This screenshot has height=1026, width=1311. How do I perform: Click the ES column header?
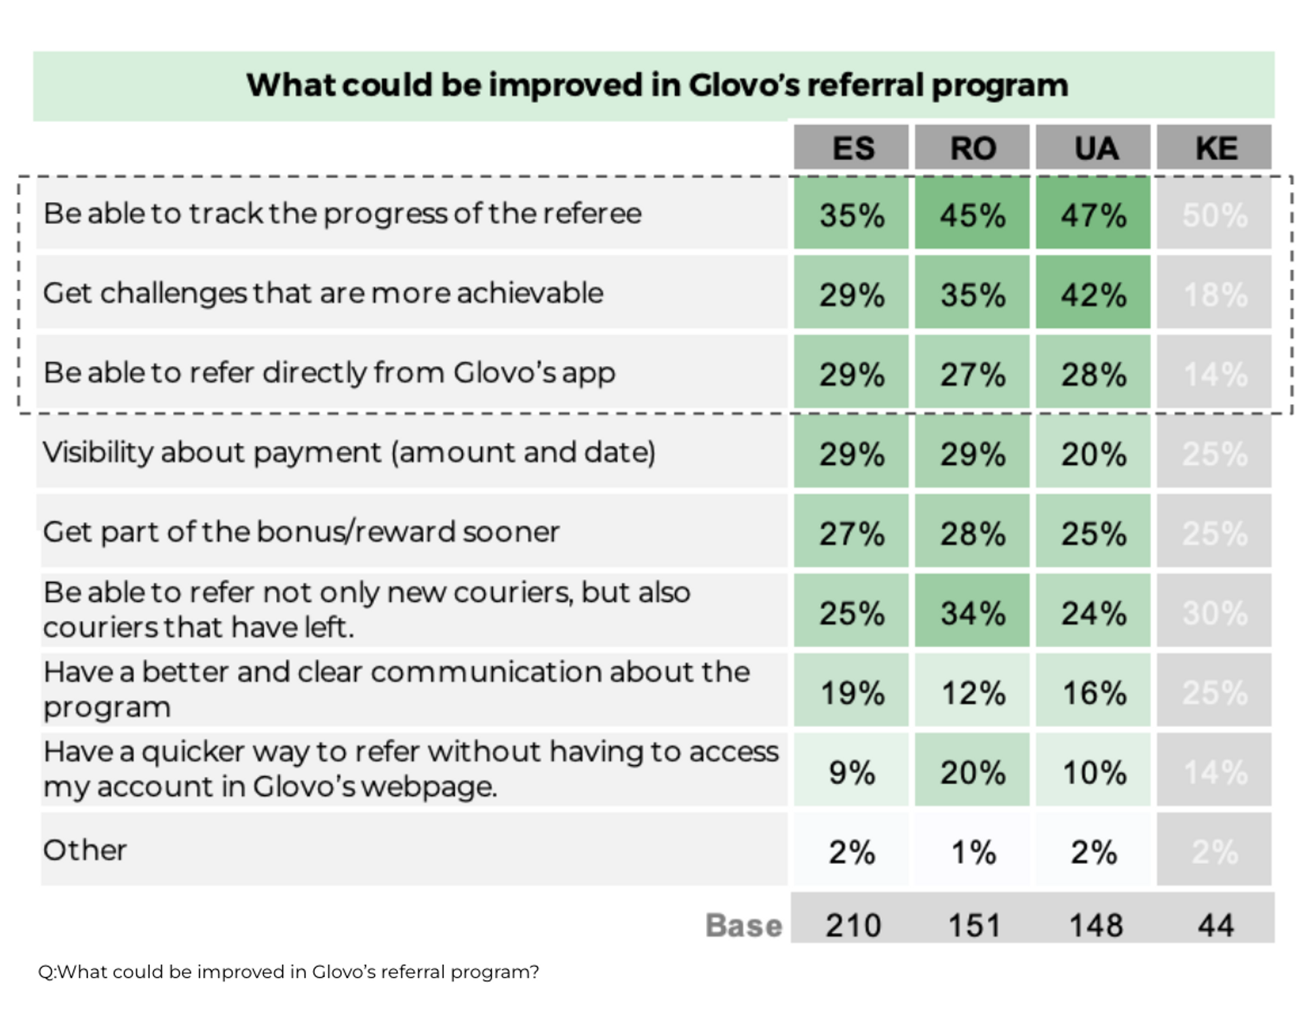[852, 148]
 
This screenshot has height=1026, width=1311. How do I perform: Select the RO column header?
[973, 148]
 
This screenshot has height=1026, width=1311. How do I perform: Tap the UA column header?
[1094, 148]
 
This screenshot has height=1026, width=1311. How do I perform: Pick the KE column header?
[1215, 148]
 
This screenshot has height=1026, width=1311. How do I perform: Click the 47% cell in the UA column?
[1093, 215]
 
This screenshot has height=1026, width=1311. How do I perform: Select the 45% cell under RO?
[973, 215]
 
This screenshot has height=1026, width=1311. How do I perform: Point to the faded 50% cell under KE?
[1215, 215]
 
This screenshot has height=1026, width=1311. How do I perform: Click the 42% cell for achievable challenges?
[1093, 294]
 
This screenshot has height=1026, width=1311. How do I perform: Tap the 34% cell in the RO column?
[973, 613]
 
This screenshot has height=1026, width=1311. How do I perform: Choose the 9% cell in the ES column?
[851, 772]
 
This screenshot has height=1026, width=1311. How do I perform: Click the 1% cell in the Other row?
[973, 852]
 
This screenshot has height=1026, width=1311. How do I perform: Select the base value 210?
[853, 925]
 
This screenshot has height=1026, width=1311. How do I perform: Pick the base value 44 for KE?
[1215, 925]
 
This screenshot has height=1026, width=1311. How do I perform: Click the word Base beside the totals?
[743, 925]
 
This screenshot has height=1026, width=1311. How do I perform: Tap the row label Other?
[85, 850]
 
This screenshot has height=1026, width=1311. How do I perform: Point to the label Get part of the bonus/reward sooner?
[301, 532]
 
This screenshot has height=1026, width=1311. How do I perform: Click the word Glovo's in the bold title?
[744, 85]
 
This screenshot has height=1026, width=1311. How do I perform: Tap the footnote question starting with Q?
[288, 972]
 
